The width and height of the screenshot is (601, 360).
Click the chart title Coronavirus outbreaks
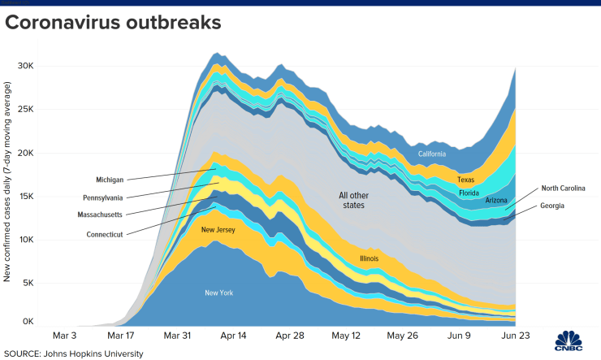[x=113, y=23]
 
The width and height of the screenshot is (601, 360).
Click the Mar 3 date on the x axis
[x=65, y=335]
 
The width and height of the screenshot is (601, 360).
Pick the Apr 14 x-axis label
[x=232, y=335]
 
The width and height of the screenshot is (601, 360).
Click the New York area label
[x=218, y=293]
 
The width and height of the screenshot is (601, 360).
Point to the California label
[x=432, y=154]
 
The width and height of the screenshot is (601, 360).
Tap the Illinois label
[x=370, y=258]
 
